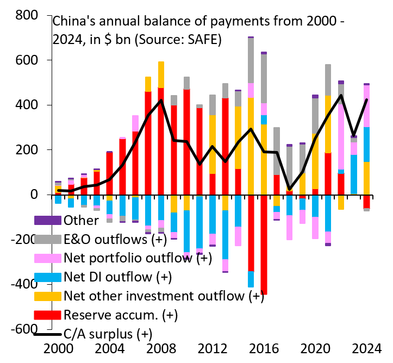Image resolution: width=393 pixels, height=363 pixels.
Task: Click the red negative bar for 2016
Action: [264, 245]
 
